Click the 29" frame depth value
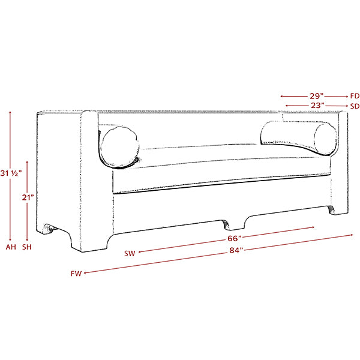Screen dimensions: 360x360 pos(317,96)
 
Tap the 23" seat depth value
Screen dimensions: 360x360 pos(318,106)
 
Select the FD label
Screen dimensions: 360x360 pos(355,96)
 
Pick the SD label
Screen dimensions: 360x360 pos(355,106)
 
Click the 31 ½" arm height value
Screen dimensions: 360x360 pos(11,173)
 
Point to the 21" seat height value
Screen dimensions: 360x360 pos(28,197)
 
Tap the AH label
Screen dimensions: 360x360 pos(11,247)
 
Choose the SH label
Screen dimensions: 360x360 pos(27,247)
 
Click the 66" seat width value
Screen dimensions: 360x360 pos(235,238)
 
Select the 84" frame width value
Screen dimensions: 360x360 pos(236,250)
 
